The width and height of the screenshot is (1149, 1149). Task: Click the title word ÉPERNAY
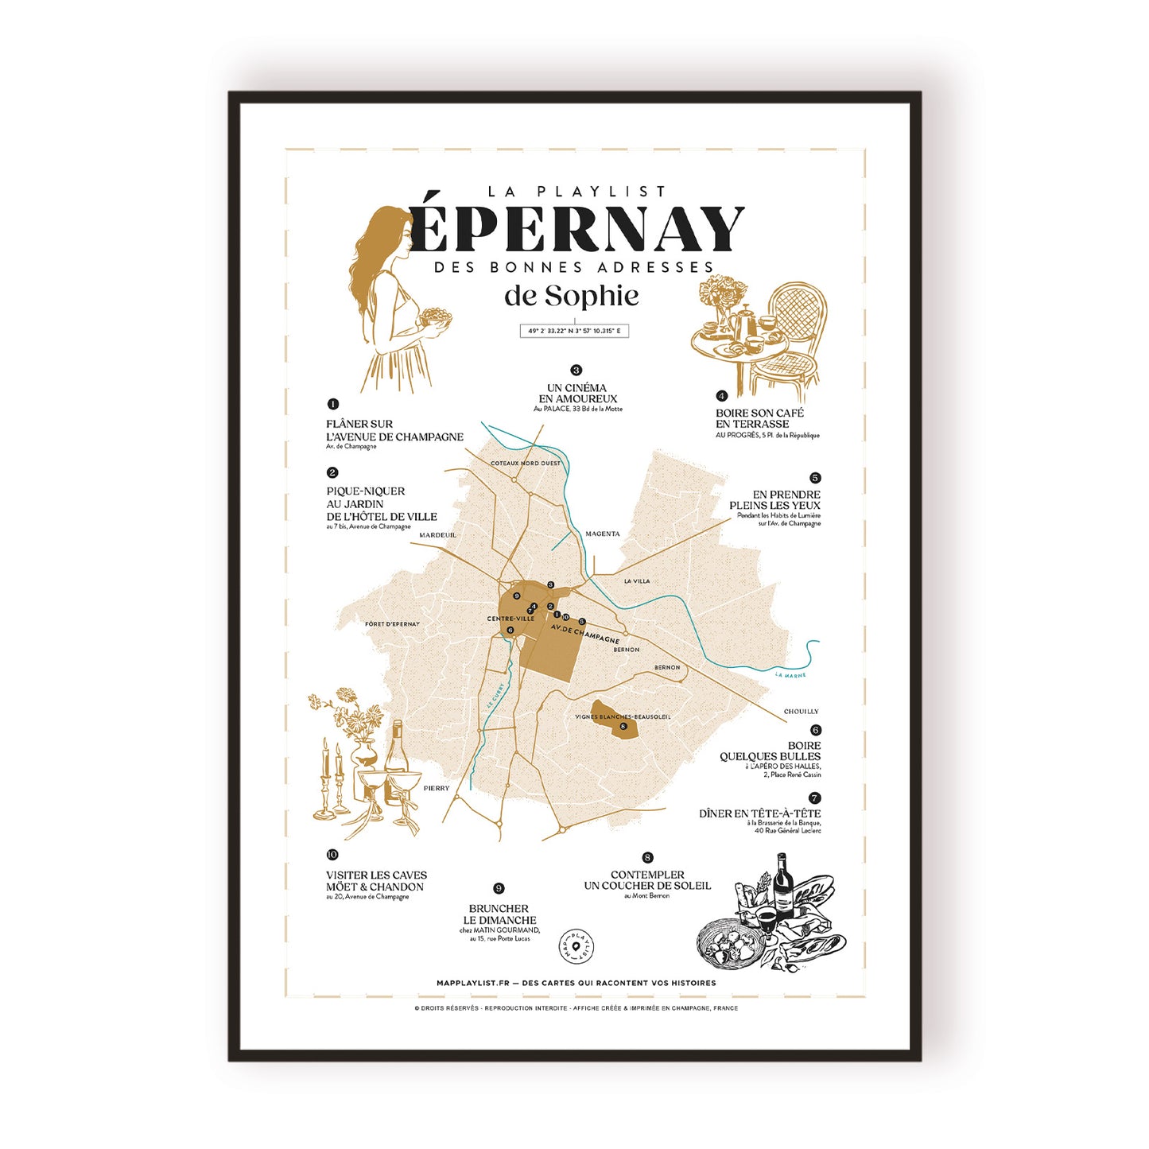576,229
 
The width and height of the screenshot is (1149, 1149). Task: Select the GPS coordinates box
574,331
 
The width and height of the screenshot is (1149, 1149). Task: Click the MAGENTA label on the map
602,534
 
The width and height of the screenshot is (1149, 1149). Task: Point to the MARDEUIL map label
437,535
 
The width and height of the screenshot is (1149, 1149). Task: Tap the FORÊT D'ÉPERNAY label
392,624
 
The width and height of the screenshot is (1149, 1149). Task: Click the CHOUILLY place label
801,712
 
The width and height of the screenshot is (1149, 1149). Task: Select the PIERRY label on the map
437,788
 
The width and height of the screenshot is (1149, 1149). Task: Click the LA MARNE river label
790,675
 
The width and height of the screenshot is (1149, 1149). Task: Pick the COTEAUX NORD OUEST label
525,463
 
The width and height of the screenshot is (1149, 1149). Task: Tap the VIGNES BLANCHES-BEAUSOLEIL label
623,716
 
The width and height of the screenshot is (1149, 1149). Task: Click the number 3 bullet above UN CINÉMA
576,370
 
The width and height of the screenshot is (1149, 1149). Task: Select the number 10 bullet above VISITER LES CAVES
332,855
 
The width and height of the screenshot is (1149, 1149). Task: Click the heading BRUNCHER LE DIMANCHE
499,914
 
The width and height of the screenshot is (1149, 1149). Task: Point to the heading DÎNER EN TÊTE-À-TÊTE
759,813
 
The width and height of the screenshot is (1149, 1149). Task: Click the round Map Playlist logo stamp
576,945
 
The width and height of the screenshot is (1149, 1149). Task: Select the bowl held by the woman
435,317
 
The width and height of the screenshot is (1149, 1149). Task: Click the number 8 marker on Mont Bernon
623,726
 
